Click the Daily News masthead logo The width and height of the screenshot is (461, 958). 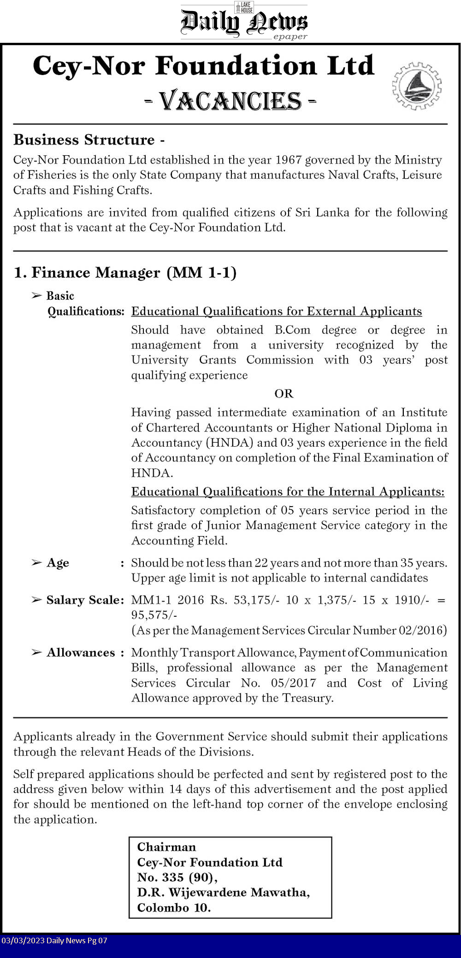[x=244, y=22]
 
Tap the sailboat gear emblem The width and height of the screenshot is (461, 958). [x=417, y=86]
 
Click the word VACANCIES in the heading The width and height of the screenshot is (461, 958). [x=230, y=101]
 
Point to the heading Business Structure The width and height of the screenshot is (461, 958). [x=84, y=140]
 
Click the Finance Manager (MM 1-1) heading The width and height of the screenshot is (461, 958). [x=125, y=273]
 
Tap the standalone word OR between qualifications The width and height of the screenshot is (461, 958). [x=284, y=393]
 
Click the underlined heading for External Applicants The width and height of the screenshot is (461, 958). [x=277, y=311]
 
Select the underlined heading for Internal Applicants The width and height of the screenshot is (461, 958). [x=288, y=492]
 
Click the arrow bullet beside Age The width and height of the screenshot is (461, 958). [x=36, y=562]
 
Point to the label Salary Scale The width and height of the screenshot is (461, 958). [x=85, y=600]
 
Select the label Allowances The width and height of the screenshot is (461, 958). [x=81, y=653]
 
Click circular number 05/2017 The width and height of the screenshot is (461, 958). [x=294, y=683]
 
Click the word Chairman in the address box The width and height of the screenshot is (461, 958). [x=166, y=847]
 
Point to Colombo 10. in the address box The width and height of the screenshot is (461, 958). [x=174, y=908]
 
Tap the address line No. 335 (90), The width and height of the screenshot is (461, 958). [x=177, y=877]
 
